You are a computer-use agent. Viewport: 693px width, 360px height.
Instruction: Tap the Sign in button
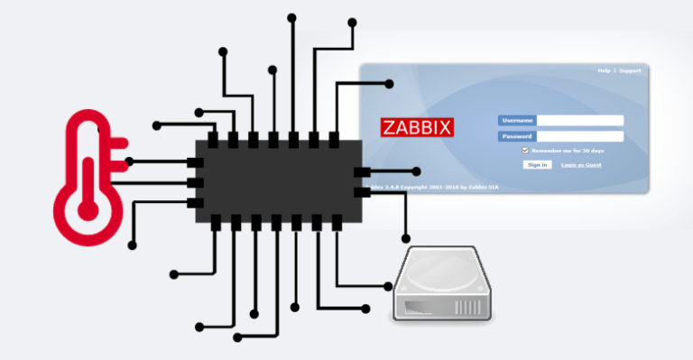(x=537, y=165)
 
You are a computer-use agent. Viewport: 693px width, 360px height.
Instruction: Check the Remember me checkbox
(x=525, y=150)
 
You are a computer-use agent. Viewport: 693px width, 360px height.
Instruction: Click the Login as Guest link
(x=581, y=165)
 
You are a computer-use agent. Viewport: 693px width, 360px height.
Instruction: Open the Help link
(x=604, y=70)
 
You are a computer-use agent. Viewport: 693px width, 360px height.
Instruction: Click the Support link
(x=629, y=70)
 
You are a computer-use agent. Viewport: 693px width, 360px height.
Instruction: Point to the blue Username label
(x=516, y=120)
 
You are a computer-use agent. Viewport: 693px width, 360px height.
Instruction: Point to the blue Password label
(x=516, y=136)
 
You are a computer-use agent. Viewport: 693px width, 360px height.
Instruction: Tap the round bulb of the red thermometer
(x=88, y=209)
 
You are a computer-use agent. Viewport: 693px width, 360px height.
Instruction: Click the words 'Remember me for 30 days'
(x=568, y=150)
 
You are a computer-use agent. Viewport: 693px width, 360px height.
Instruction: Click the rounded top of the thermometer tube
(x=88, y=118)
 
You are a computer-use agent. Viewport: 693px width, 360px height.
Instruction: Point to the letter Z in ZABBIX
(x=387, y=126)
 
